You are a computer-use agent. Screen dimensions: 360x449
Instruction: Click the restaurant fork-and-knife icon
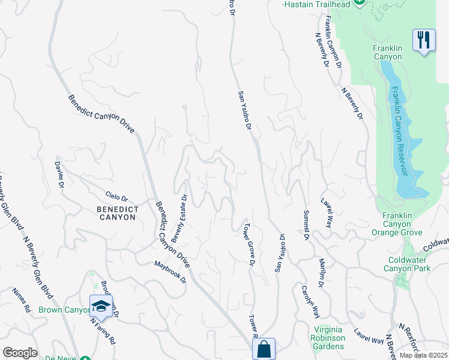pos(424,41)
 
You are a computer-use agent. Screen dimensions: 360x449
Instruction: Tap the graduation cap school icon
pos(101,306)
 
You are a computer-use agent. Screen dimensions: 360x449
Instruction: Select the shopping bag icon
pos(264,348)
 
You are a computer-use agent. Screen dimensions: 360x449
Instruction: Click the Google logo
pos(20,353)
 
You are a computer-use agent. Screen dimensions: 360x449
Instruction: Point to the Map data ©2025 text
pos(423,355)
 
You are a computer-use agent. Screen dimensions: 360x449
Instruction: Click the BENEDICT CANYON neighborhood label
pos(116,213)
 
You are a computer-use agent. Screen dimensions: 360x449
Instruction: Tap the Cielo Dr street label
pos(117,197)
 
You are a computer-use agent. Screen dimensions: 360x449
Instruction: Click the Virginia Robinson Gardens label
pos(330,338)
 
